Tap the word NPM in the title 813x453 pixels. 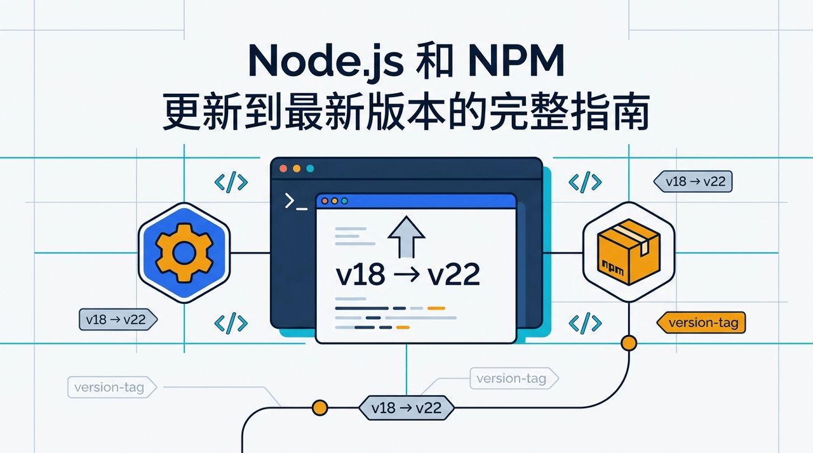[516, 60]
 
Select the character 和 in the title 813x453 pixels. [435, 60]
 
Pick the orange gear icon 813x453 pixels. [184, 253]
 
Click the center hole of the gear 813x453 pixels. [184, 253]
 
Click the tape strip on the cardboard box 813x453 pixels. [632, 238]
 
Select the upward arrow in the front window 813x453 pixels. [406, 237]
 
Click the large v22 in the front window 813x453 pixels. [454, 274]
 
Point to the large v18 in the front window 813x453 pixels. [360, 274]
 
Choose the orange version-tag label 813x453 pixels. [701, 322]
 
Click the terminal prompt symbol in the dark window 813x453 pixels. [296, 202]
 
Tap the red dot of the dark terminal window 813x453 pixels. [283, 169]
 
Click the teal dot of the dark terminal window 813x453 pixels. [310, 169]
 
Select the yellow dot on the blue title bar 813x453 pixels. [334, 200]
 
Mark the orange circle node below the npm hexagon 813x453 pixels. [629, 343]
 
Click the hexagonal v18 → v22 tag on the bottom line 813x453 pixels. [406, 408]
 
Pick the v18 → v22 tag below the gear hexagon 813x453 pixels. [118, 319]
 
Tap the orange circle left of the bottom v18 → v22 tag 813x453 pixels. [319, 408]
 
